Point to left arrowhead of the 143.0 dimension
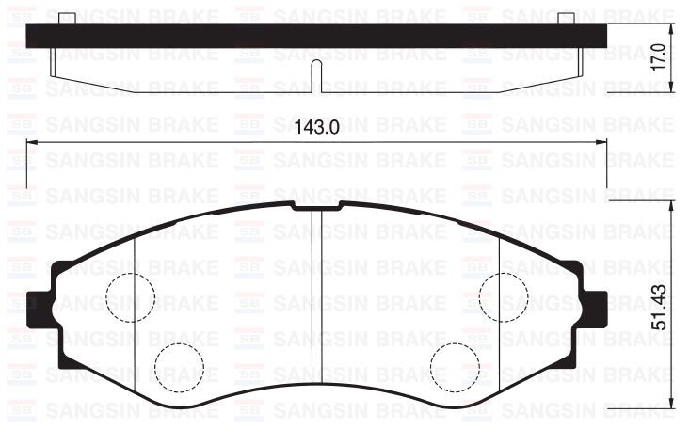pos(30,143)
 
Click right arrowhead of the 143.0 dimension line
pos(602,143)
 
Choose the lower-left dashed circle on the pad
pos(179,366)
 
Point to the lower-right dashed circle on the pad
pos(455,366)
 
